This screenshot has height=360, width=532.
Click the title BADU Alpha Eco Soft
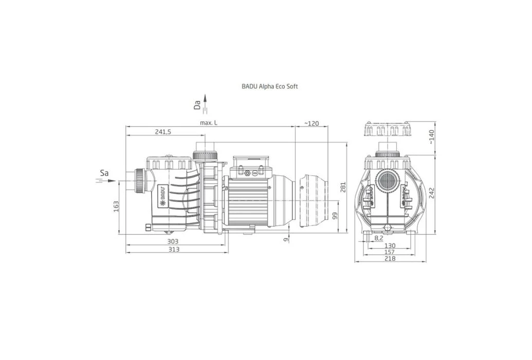(270, 86)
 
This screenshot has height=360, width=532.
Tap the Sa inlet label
(104, 173)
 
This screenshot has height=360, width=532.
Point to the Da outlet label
(197, 105)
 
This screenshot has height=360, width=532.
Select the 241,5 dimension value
(163, 132)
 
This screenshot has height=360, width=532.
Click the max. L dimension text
(208, 123)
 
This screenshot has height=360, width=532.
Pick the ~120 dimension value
(311, 123)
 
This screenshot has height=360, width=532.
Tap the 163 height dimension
(116, 207)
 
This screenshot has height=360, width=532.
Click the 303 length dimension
(173, 242)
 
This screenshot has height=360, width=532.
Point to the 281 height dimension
(343, 188)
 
